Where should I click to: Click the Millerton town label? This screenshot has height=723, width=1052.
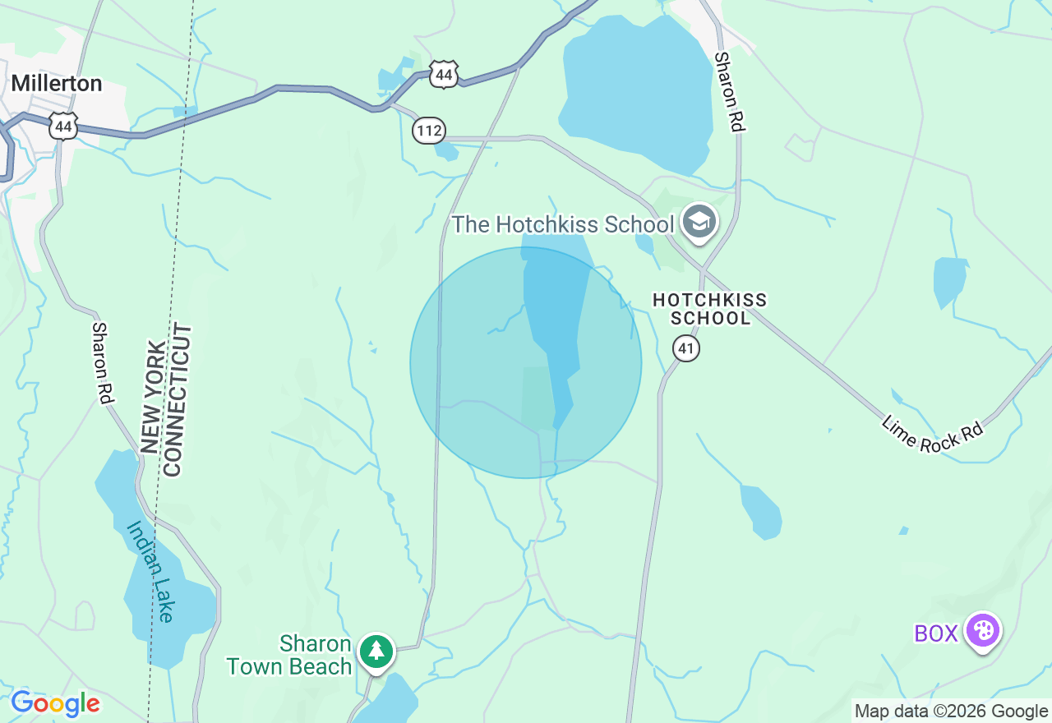click(x=57, y=84)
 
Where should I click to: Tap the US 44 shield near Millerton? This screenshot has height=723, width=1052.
click(x=63, y=126)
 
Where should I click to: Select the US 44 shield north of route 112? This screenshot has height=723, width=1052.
click(x=444, y=75)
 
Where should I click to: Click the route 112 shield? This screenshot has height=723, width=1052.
click(x=429, y=130)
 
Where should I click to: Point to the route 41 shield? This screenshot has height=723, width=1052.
click(x=686, y=348)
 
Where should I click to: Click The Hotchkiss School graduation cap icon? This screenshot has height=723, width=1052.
click(x=699, y=222)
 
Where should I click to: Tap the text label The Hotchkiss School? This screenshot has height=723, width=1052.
click(x=563, y=224)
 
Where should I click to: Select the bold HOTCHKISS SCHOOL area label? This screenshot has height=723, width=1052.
click(x=709, y=309)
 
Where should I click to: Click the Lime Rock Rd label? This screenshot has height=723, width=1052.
click(x=932, y=432)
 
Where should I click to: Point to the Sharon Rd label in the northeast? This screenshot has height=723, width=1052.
click(x=729, y=92)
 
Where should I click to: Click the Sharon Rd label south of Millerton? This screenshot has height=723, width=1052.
click(x=101, y=362)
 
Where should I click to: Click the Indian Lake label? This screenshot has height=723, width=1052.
click(x=151, y=572)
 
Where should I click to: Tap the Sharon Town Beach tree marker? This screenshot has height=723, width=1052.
click(x=376, y=651)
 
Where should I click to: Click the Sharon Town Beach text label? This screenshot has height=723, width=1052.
click(x=289, y=655)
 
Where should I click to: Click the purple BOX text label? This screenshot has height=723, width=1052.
click(x=936, y=633)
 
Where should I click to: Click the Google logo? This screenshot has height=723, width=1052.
click(x=55, y=704)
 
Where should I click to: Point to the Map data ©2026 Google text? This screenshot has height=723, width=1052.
click(x=951, y=711)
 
